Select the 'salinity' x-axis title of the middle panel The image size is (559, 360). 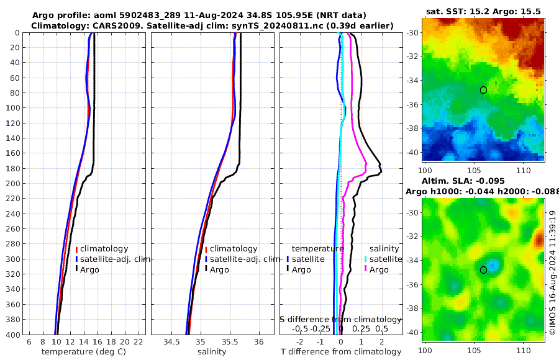[x=211, y=352]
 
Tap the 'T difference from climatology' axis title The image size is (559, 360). [x=341, y=352]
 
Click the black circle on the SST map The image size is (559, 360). [x=483, y=90]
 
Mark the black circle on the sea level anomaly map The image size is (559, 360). [x=483, y=270]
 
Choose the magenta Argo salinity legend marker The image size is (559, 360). [x=366, y=269]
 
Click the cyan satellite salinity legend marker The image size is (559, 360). [x=366, y=259]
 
